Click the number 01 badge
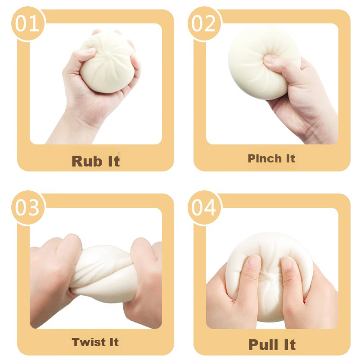27,23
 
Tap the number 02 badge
204,23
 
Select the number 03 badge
27,207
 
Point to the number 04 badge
204,207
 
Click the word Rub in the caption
87,161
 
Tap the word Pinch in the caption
265,158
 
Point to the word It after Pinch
290,158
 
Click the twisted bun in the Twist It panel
104,273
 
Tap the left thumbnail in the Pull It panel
254,262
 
